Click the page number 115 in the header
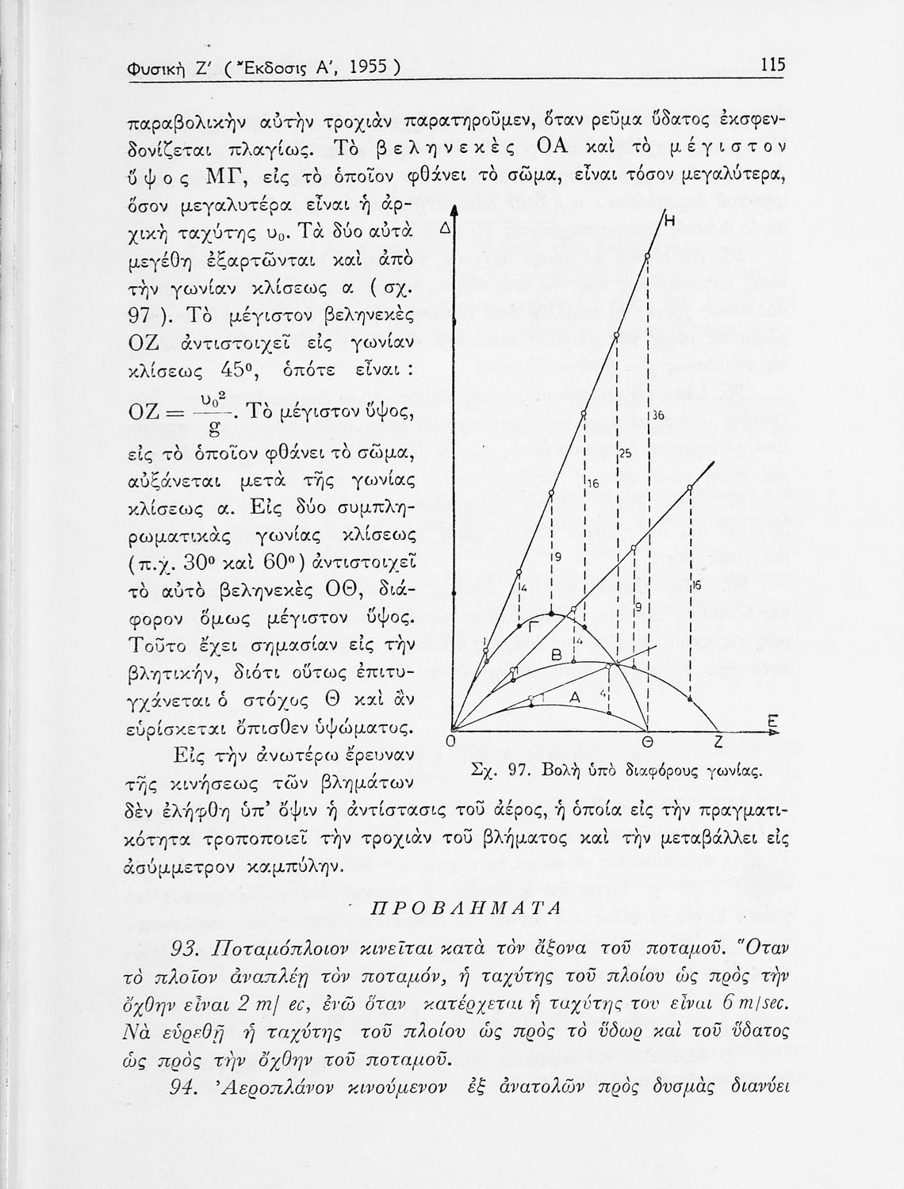pos(771,65)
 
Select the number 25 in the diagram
pos(625,455)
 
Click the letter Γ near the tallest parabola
pos(534,626)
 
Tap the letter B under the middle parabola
pos(557,655)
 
